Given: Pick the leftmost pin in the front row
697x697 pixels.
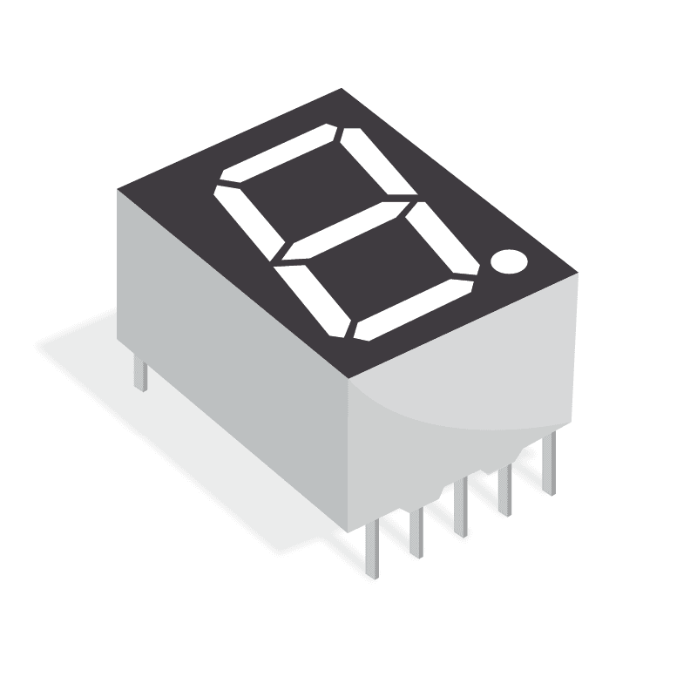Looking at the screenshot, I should pyautogui.click(x=372, y=549).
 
